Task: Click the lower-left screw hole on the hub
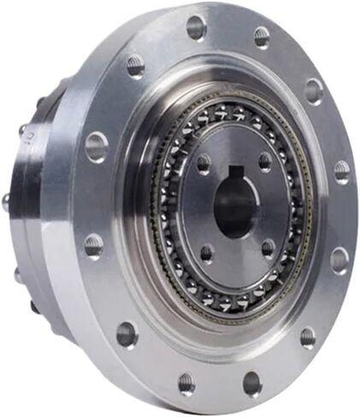(x=206, y=252)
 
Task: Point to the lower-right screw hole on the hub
(x=268, y=248)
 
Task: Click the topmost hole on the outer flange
(x=196, y=26)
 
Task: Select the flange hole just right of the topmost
(x=261, y=36)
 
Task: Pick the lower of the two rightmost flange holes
(x=339, y=259)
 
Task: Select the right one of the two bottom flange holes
(x=252, y=383)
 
